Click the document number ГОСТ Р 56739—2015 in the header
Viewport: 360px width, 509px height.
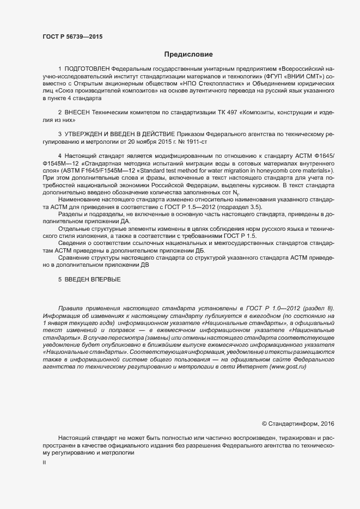(72, 37)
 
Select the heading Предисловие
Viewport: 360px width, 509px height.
(188, 54)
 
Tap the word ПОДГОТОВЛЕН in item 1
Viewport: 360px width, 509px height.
(87, 70)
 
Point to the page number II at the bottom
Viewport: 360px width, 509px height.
(44, 463)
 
